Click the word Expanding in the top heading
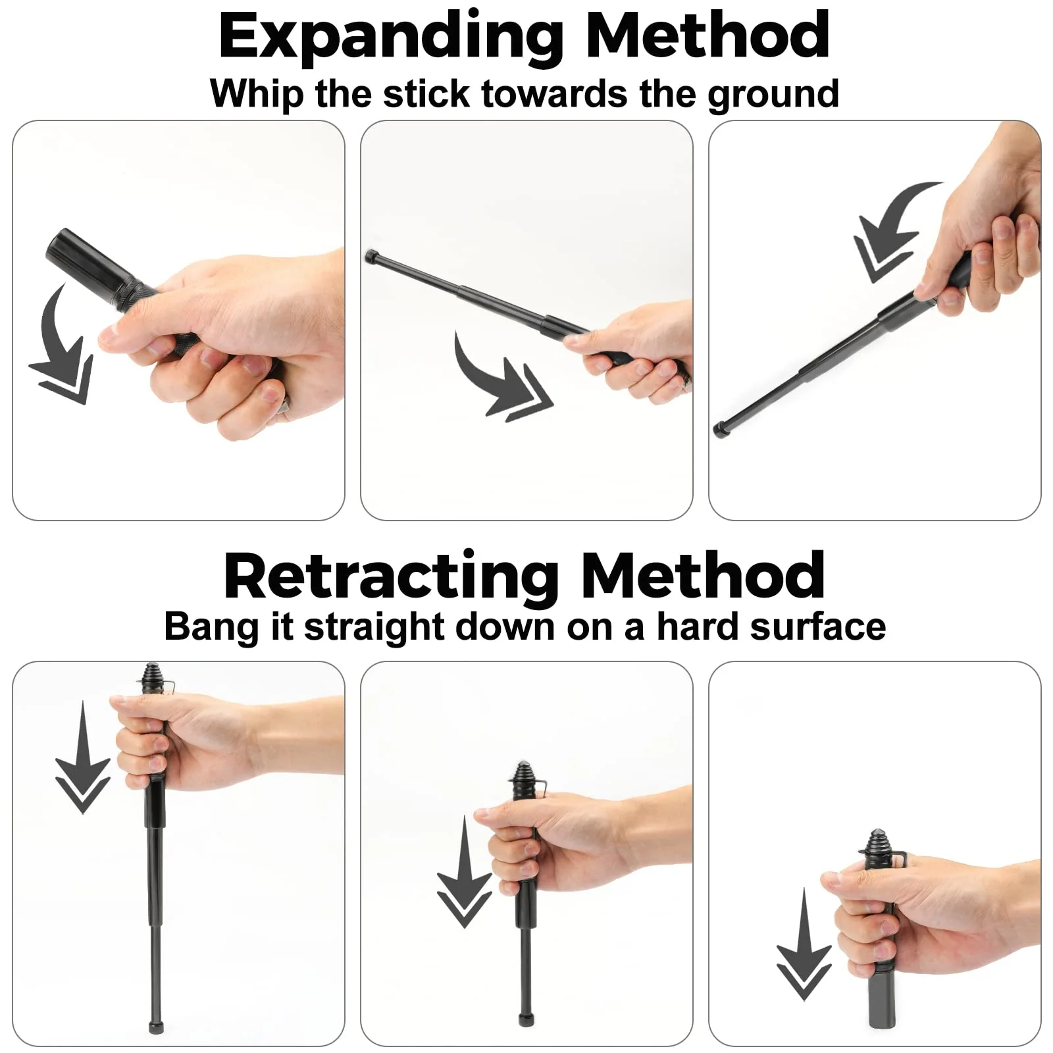tap(392, 38)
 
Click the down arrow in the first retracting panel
tap(82, 757)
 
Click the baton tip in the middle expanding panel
tap(370, 255)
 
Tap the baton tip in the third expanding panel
tap(721, 430)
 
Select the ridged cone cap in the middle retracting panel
tap(523, 775)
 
